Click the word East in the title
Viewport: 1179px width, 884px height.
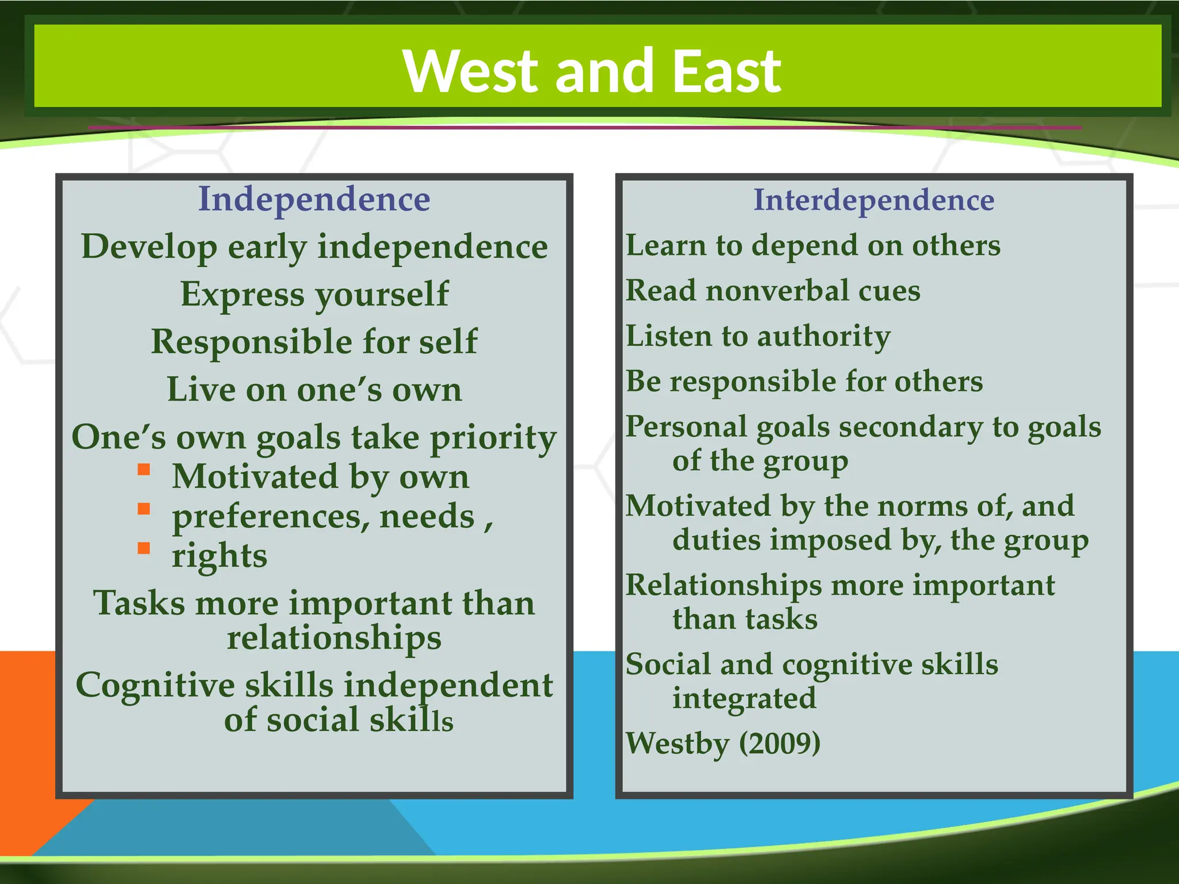click(x=727, y=71)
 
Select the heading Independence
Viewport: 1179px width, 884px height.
click(x=314, y=199)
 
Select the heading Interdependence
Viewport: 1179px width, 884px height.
click(x=874, y=200)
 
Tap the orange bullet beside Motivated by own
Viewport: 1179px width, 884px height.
click(x=144, y=470)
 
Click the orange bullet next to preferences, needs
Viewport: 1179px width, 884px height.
click(x=144, y=509)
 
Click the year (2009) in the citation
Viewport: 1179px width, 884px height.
click(x=779, y=743)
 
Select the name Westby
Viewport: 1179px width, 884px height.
click(x=678, y=743)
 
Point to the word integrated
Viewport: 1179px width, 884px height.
click(x=744, y=698)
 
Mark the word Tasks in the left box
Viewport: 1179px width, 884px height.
click(x=140, y=604)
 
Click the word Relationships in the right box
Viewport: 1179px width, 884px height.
click(x=724, y=586)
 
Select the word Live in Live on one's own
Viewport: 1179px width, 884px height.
click(x=201, y=390)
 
